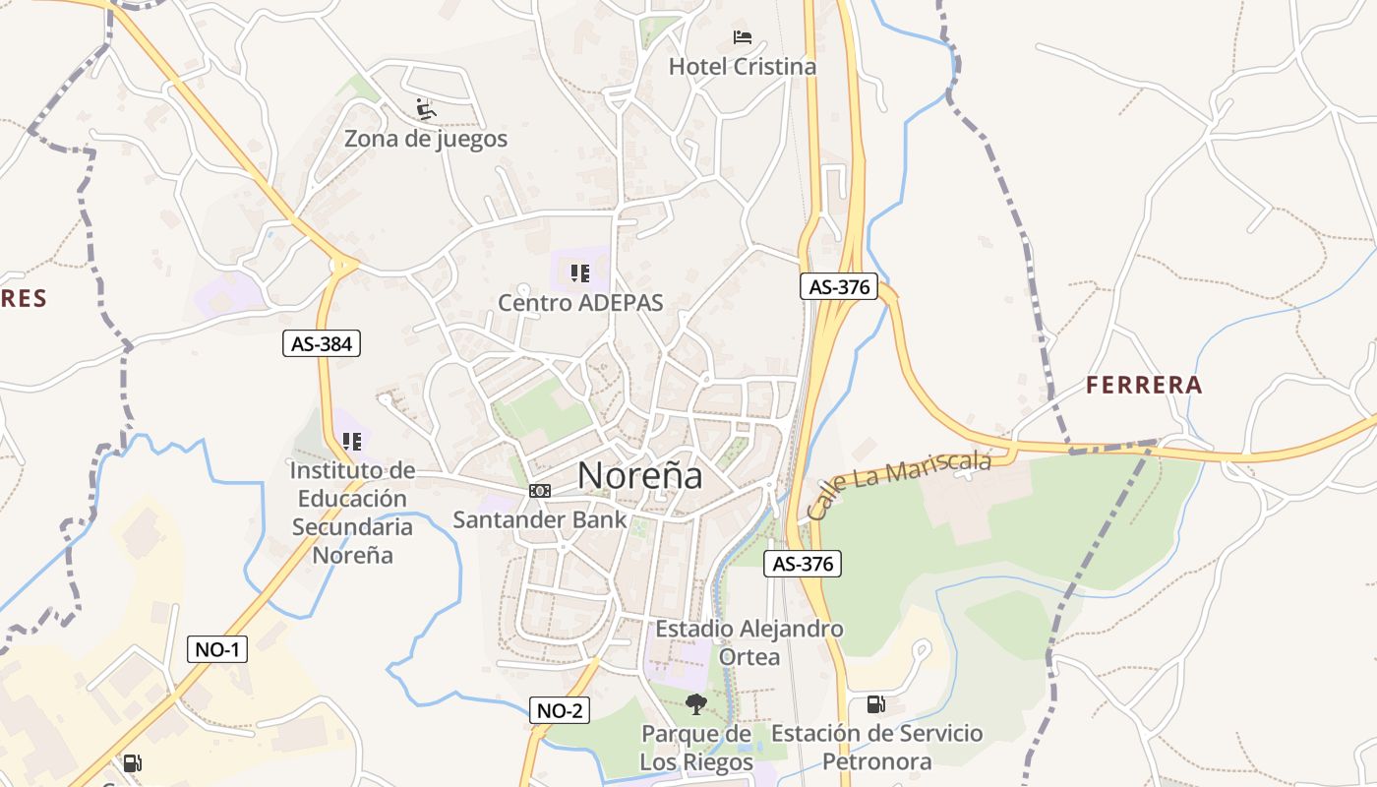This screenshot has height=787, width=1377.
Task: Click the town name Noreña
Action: pos(640,476)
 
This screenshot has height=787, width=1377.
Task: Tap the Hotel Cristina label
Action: pos(743,67)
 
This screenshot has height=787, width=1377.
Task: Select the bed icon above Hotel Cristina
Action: pos(743,38)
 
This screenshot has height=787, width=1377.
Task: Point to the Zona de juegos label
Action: pos(426,139)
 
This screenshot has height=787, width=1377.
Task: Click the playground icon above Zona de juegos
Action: pos(425,108)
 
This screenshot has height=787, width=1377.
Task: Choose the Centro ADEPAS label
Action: pos(580,303)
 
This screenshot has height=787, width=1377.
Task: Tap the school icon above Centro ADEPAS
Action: pos(579,273)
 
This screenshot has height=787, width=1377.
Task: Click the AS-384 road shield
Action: pos(322,343)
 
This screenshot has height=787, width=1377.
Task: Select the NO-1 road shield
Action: pos(217,649)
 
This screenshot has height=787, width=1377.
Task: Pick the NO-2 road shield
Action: pos(560,710)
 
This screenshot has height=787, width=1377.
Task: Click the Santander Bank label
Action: pos(539,519)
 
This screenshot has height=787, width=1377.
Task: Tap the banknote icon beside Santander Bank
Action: pos(539,490)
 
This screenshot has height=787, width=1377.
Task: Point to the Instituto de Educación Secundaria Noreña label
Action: pos(352,513)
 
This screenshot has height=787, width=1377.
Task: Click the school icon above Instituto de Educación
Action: pos(351,442)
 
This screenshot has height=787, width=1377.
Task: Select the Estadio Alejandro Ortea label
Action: pos(749,642)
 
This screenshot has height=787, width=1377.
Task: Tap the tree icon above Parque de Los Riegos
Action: pos(696,704)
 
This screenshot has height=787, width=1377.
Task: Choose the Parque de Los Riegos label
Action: pos(696,748)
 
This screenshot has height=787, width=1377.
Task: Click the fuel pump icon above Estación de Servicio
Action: pos(875,704)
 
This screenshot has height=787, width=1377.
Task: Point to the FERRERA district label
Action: pos(1144,386)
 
